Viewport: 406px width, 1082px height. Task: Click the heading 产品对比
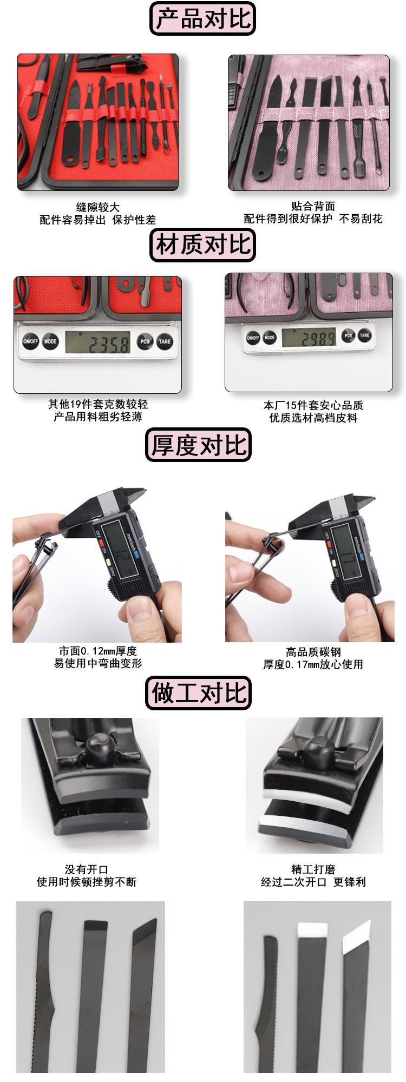(202, 19)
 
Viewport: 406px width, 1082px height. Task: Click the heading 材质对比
(202, 245)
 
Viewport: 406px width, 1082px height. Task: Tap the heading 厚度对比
(198, 445)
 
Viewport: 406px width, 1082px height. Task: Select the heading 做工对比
(198, 693)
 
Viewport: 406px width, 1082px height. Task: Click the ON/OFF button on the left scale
(30, 341)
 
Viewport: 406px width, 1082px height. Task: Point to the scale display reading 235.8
(97, 342)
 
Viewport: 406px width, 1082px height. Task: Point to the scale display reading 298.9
(311, 338)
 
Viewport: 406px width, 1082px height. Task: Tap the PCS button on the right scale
(348, 335)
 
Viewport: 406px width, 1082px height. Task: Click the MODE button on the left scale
(50, 341)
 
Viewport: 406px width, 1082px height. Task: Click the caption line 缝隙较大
(97, 207)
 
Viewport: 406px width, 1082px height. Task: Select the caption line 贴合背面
(313, 206)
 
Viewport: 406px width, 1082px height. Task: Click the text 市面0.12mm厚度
(97, 651)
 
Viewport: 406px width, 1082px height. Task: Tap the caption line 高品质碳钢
(313, 652)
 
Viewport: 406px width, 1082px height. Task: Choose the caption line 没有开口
(86, 869)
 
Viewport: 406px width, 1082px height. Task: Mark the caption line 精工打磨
(313, 869)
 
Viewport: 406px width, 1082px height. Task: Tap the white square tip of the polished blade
(312, 930)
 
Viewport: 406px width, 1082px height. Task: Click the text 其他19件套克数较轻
(97, 404)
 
